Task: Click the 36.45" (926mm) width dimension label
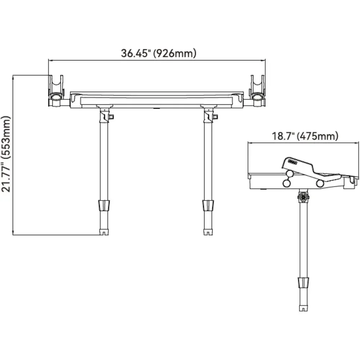159,53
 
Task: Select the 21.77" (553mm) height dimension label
6,154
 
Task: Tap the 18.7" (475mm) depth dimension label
305,136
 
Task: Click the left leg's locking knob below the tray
111,117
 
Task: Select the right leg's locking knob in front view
215,117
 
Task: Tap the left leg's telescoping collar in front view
104,205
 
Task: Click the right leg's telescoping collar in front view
208,205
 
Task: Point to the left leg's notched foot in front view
104,232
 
